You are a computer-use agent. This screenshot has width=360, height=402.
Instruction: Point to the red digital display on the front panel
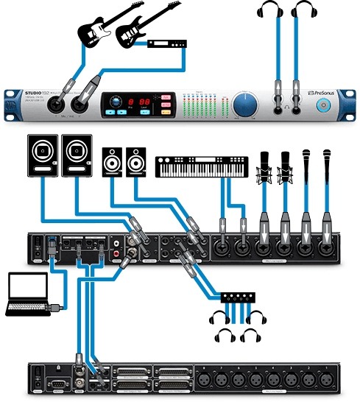click(139, 102)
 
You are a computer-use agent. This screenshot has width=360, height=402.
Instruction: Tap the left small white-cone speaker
click(113, 161)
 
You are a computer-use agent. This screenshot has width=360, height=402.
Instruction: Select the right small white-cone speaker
click(136, 161)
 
